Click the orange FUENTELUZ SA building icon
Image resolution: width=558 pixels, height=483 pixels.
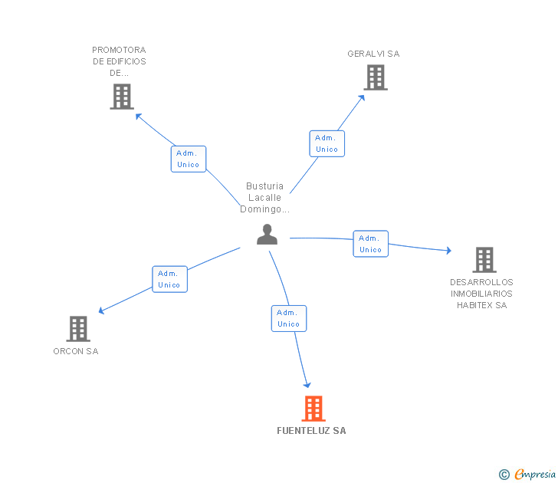tap(313, 409)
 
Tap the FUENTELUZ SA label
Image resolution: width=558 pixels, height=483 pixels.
tap(311, 431)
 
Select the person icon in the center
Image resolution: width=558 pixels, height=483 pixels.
tap(267, 234)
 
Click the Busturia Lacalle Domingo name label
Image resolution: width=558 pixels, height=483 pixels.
tap(264, 198)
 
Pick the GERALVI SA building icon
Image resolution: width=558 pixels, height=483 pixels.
tap(376, 77)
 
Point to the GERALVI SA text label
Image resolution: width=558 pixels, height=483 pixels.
tap(373, 54)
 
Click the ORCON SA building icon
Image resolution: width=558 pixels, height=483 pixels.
tap(78, 329)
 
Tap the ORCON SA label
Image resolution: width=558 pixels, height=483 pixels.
tap(76, 351)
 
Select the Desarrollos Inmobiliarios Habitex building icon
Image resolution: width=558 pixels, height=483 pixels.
tap(484, 260)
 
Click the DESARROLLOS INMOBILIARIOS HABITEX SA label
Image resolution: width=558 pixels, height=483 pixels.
tap(481, 294)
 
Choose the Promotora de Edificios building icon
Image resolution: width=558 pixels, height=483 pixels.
tap(122, 97)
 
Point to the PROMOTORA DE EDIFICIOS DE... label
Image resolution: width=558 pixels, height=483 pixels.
tap(120, 61)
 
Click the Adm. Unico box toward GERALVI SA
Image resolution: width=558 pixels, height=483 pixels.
tap(327, 144)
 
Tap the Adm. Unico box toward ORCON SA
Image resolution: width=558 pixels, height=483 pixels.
tap(169, 279)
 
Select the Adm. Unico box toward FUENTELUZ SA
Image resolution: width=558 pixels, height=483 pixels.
tap(289, 319)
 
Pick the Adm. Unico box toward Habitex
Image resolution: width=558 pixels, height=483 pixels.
tap(371, 244)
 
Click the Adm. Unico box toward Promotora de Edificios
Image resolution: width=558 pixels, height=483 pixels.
tap(189, 159)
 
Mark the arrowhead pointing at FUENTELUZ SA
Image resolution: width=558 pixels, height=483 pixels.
tap(307, 385)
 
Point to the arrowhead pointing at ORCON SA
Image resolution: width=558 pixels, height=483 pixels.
tap(101, 310)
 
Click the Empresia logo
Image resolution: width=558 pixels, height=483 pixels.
tap(527, 475)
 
